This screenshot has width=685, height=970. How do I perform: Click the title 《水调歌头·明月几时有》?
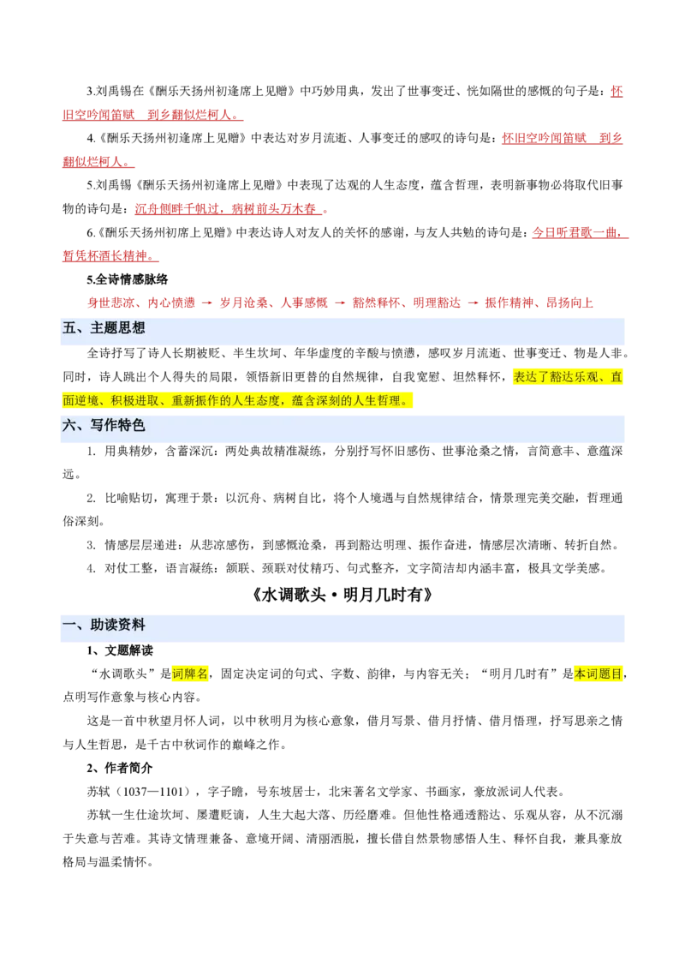342,596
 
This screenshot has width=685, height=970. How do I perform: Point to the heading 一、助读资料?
104,625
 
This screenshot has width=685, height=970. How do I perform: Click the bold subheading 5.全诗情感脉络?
128,279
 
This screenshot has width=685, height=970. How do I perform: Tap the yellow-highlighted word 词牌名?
190,674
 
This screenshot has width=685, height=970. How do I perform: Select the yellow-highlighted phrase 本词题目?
598,674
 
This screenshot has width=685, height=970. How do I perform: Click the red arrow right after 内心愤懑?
207,302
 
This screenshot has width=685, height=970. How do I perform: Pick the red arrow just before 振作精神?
473,302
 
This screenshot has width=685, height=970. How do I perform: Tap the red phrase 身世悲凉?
110,302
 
